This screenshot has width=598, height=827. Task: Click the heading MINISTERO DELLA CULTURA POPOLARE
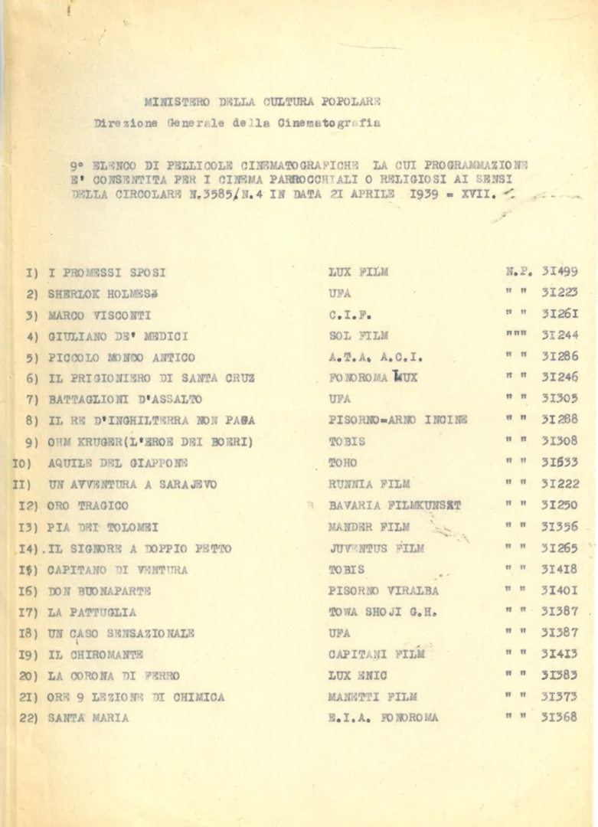(263, 101)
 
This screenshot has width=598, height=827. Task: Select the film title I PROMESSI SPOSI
(107, 272)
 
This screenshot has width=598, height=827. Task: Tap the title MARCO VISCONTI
(100, 315)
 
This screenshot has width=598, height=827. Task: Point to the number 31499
(560, 271)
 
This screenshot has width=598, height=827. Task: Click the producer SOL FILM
(358, 335)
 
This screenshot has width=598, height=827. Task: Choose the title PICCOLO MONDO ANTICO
(121, 358)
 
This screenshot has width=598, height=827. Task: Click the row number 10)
(21, 463)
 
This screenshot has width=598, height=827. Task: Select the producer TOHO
(343, 463)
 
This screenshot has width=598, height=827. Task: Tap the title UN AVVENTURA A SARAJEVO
(132, 485)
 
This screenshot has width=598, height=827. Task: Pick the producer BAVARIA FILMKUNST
(394, 506)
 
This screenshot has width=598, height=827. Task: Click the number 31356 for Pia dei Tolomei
(560, 527)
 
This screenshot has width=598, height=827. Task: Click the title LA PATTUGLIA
(92, 613)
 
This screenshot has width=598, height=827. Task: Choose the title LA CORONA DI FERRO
(113, 676)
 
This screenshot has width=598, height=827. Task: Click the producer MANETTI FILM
(373, 697)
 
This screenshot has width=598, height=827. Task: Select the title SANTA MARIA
(88, 718)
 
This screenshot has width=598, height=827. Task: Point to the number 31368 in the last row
(560, 717)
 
